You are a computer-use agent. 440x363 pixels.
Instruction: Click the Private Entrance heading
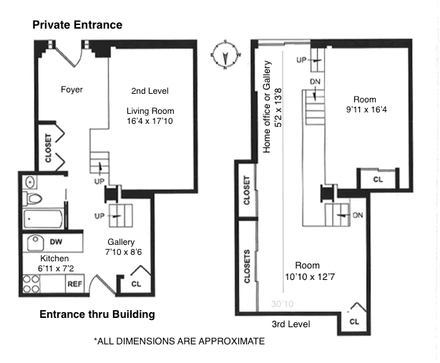coord(77,25)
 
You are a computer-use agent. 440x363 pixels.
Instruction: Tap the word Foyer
coord(72,89)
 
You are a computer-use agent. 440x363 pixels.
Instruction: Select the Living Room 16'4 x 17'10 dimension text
coord(150,122)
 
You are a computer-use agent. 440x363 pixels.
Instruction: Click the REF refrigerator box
coord(75,284)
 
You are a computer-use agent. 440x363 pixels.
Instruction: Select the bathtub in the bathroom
coord(43,218)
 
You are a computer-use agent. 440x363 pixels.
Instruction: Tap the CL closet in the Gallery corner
coord(135,284)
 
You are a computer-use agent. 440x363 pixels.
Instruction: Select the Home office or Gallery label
coord(268,107)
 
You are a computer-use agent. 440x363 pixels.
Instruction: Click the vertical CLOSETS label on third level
coord(247,266)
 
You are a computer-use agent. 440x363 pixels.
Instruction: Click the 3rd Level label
coord(290,324)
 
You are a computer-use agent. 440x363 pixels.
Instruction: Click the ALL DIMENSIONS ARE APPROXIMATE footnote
coord(179,342)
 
